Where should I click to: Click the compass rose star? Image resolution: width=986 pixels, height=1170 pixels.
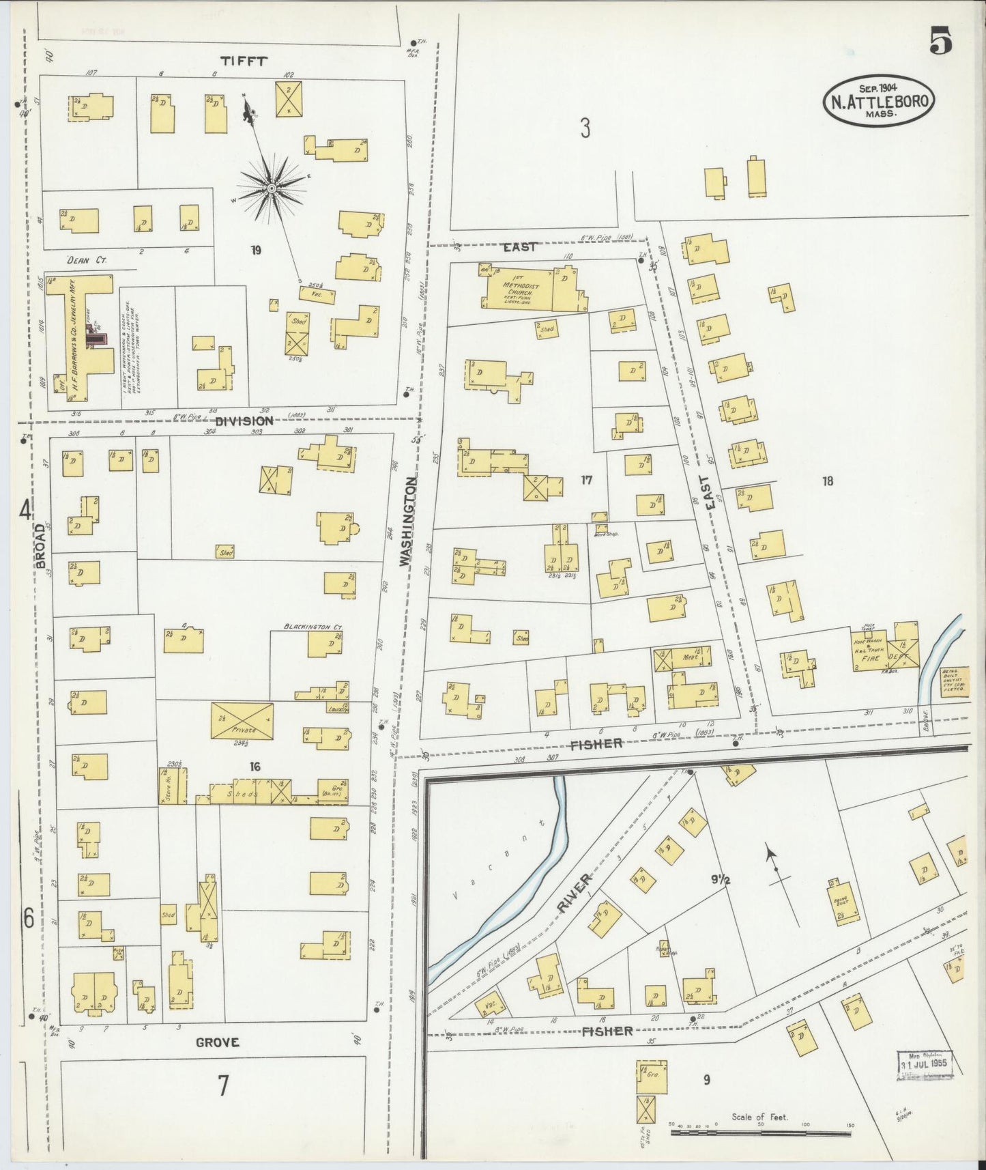pos(272,187)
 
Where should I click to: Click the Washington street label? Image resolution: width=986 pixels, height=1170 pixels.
pos(407,522)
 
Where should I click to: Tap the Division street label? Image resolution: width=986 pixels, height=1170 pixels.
pos(244,421)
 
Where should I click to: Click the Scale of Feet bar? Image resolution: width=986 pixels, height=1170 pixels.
pos(761,1133)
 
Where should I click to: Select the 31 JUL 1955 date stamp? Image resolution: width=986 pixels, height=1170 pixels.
pos(925,1063)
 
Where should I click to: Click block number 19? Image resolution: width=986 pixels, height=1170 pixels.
pos(256,251)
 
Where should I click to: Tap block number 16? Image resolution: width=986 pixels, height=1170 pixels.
pos(255,767)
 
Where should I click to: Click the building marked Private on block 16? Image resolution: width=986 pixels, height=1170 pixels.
pos(243,721)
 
